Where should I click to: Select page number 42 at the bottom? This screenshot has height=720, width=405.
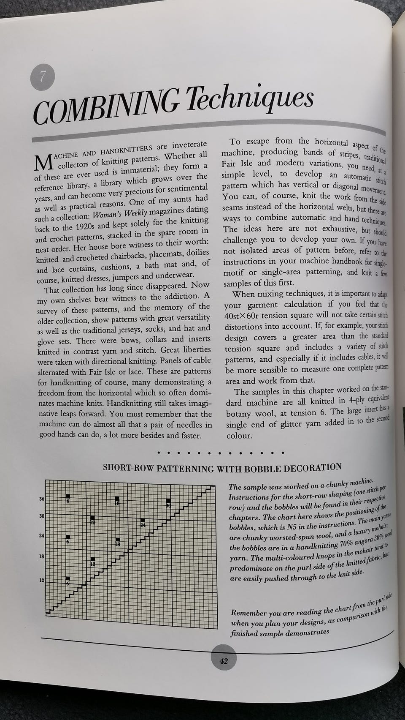point(224,661)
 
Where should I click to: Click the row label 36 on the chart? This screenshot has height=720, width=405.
point(41,499)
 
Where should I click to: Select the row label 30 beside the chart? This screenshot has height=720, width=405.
point(41,516)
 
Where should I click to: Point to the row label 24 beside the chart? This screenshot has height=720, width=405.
point(41,536)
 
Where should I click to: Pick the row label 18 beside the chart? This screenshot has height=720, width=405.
point(41,556)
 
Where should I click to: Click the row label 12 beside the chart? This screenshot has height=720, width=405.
point(41,580)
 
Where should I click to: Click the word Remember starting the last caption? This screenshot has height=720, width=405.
point(250,613)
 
